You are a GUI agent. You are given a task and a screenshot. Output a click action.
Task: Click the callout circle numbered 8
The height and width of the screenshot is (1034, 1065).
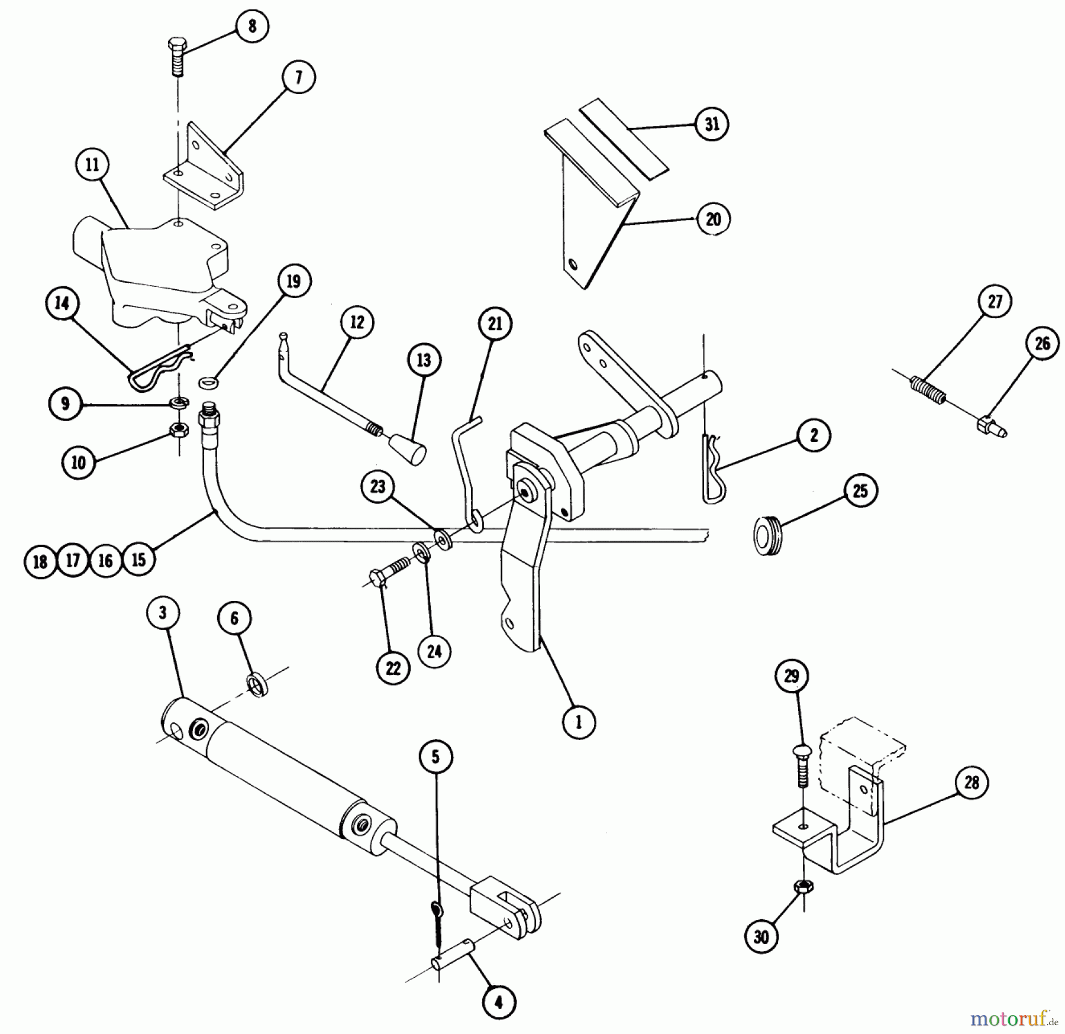tap(253, 27)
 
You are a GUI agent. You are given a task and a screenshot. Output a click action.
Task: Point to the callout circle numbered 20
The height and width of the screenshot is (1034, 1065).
tap(713, 219)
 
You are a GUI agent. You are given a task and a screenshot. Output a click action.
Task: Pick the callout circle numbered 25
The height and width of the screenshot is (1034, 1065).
tap(860, 490)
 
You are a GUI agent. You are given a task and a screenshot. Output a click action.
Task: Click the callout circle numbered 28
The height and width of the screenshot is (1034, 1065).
tap(972, 783)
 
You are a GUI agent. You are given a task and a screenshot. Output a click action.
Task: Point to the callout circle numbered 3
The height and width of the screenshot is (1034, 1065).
tap(163, 613)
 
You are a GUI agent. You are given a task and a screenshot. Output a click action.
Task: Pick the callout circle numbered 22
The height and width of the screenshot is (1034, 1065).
tap(393, 668)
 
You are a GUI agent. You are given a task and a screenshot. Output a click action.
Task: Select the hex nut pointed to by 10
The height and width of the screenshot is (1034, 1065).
tap(178, 430)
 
